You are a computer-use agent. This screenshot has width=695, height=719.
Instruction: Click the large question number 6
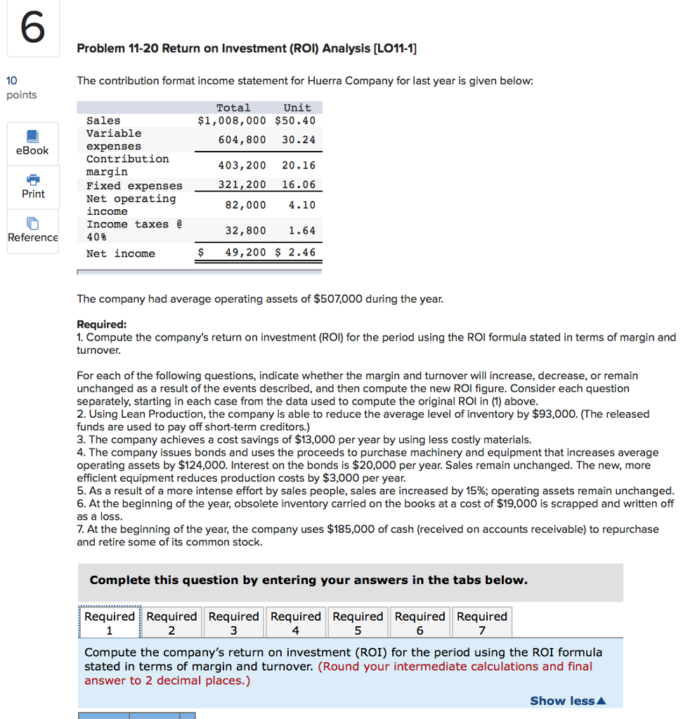tap(32, 29)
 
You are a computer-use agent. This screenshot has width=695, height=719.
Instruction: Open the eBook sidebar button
tap(32, 143)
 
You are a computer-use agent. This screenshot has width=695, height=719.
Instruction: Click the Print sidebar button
tap(32, 186)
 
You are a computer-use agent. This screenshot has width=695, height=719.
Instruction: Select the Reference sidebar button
tap(32, 230)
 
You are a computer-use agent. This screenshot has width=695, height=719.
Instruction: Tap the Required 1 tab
tap(110, 623)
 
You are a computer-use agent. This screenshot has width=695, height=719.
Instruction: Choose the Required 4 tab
tap(295, 623)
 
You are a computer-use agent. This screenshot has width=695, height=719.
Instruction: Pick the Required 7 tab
tap(481, 623)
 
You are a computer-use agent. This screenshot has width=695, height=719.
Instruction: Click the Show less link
tap(567, 701)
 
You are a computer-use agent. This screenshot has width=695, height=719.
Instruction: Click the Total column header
tap(233, 107)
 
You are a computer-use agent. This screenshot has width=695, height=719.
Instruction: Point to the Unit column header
tap(297, 107)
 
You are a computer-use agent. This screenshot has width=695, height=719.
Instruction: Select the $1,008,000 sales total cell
tap(232, 121)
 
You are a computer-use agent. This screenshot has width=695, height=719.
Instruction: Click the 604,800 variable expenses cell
tap(242, 140)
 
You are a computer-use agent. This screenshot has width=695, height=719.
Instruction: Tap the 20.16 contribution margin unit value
tap(299, 166)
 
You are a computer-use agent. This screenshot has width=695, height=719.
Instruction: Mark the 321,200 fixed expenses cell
tap(242, 185)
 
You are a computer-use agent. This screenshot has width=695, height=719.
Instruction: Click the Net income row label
tap(120, 253)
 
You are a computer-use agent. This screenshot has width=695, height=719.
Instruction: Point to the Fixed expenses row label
tap(134, 185)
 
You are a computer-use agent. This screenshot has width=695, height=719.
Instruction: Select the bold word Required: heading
tap(102, 324)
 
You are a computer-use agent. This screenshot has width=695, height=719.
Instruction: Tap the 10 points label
tap(22, 88)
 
